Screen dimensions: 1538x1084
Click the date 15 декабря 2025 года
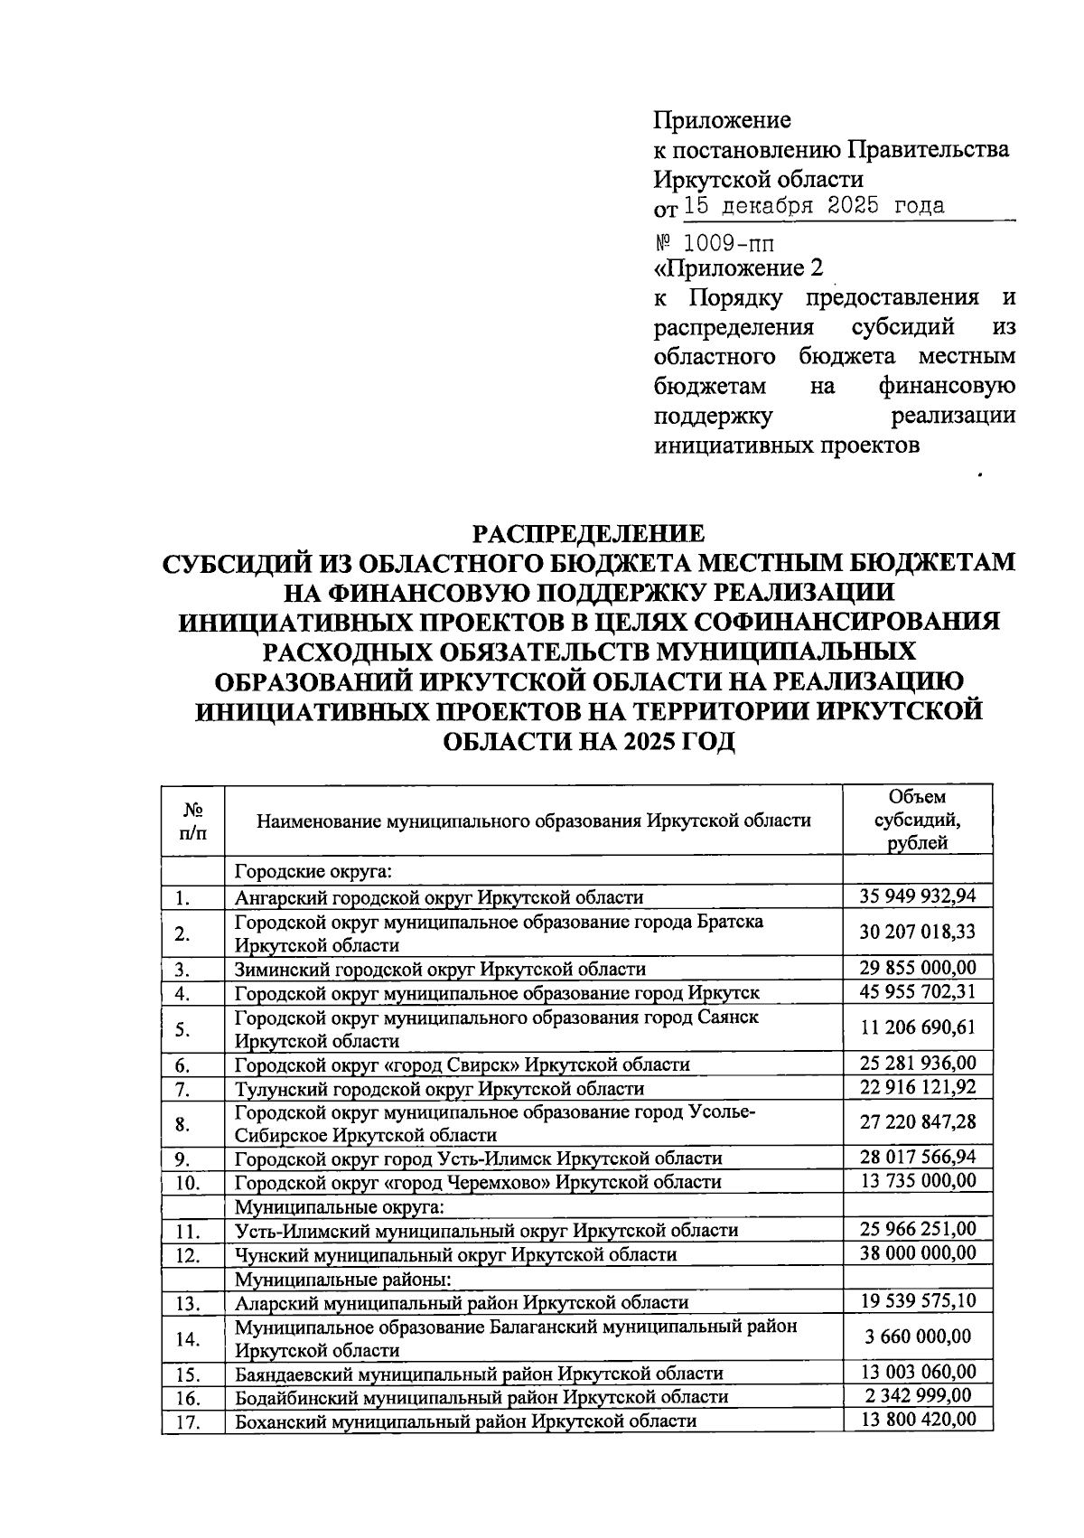[x=814, y=206]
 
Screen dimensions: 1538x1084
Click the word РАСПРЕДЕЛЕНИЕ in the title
[x=590, y=533]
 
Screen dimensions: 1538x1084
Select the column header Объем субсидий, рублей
[x=917, y=820]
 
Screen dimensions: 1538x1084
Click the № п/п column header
[x=192, y=821]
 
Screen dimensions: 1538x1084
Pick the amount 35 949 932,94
[x=917, y=896]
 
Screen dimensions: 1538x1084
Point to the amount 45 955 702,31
[x=917, y=992]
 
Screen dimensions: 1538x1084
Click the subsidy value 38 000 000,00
[x=917, y=1253]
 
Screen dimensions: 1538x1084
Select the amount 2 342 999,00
[x=917, y=1396]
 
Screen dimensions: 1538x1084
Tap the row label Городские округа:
[x=313, y=872]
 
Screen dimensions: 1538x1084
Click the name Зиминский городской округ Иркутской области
[x=440, y=970]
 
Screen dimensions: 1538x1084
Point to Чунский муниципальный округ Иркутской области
[x=455, y=1255]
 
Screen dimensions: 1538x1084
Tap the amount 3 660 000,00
[x=917, y=1336]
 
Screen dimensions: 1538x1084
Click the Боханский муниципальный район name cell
[x=465, y=1421]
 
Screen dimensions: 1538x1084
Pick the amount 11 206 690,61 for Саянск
[x=917, y=1028]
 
